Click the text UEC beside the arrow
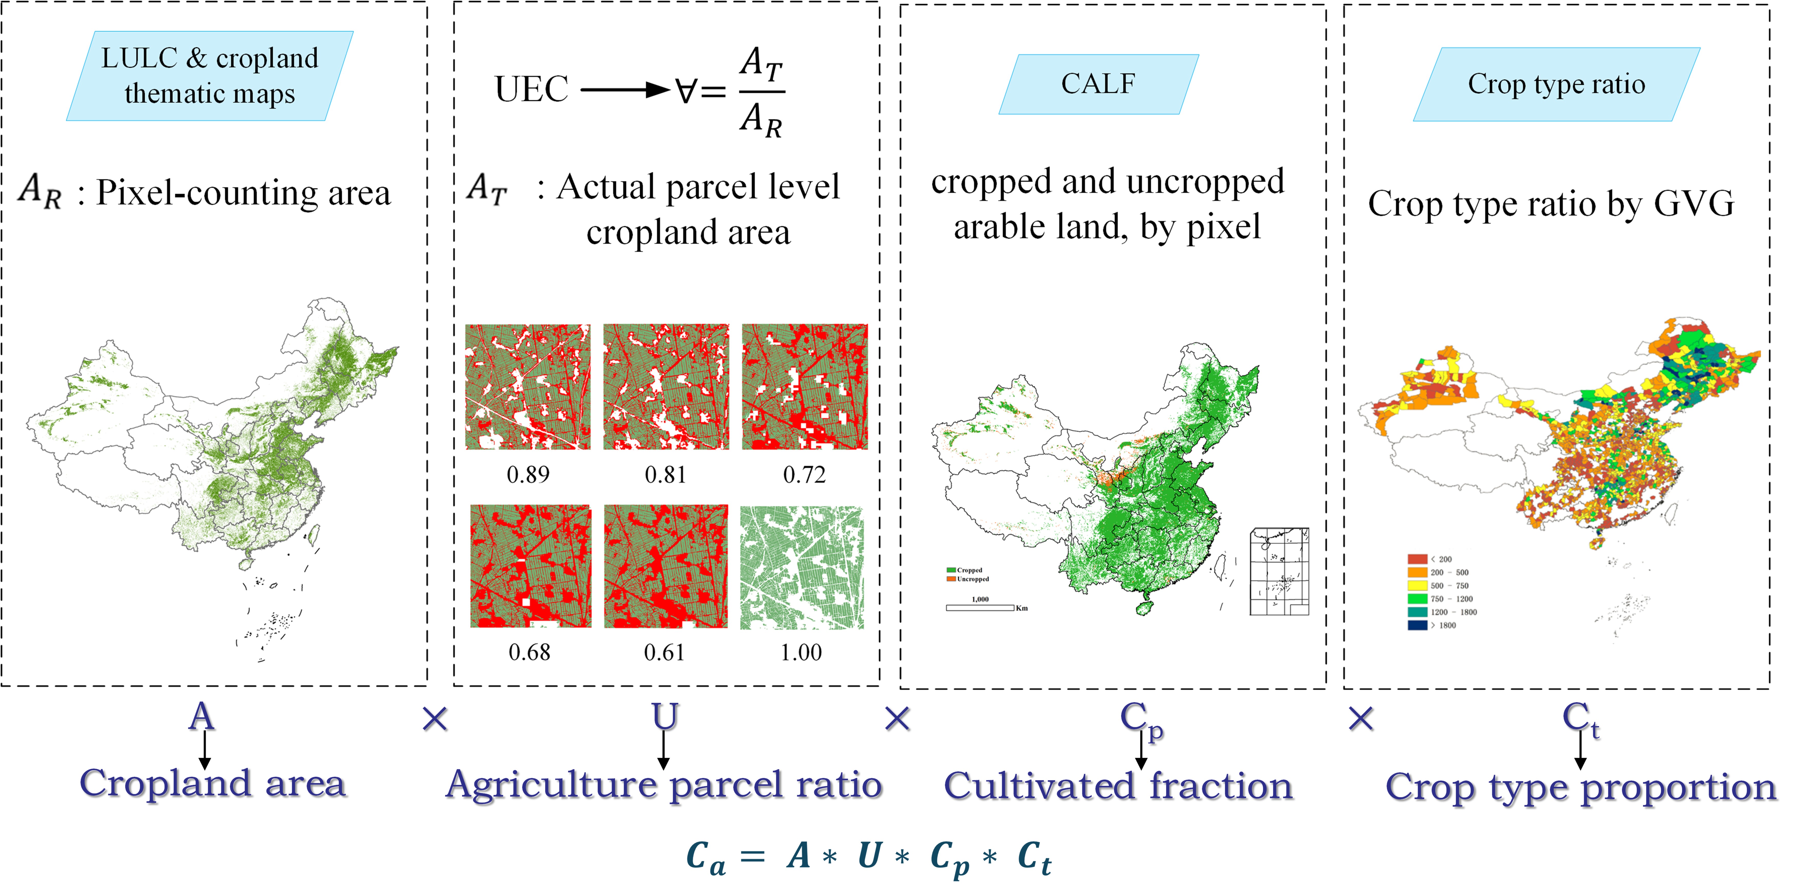531,89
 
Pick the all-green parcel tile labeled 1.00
802,567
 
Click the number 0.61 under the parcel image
664,653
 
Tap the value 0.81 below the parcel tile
665,475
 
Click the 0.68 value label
529,653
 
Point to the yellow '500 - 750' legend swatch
1417,585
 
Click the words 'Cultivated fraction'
1118,786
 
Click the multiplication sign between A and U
435,719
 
